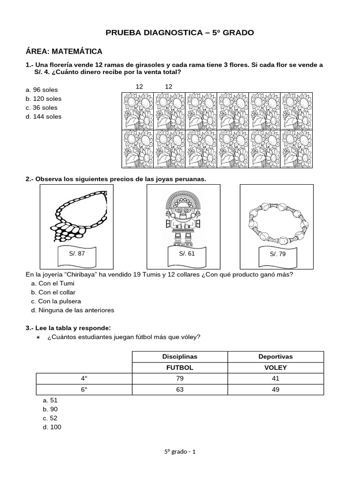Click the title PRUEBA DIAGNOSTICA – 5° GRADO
pos(180,33)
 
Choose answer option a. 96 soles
pos(42,90)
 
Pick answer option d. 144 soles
pos(44,116)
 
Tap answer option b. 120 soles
pos(44,98)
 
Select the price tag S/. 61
pos(187,254)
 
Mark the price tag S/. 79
pos(277,254)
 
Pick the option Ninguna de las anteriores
pos(72,310)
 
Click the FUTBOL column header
pos(180,367)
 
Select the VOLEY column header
pos(276,367)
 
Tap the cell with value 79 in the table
pos(180,378)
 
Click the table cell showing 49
pos(276,390)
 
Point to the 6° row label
pos(84,390)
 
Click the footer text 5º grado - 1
pos(180,452)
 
